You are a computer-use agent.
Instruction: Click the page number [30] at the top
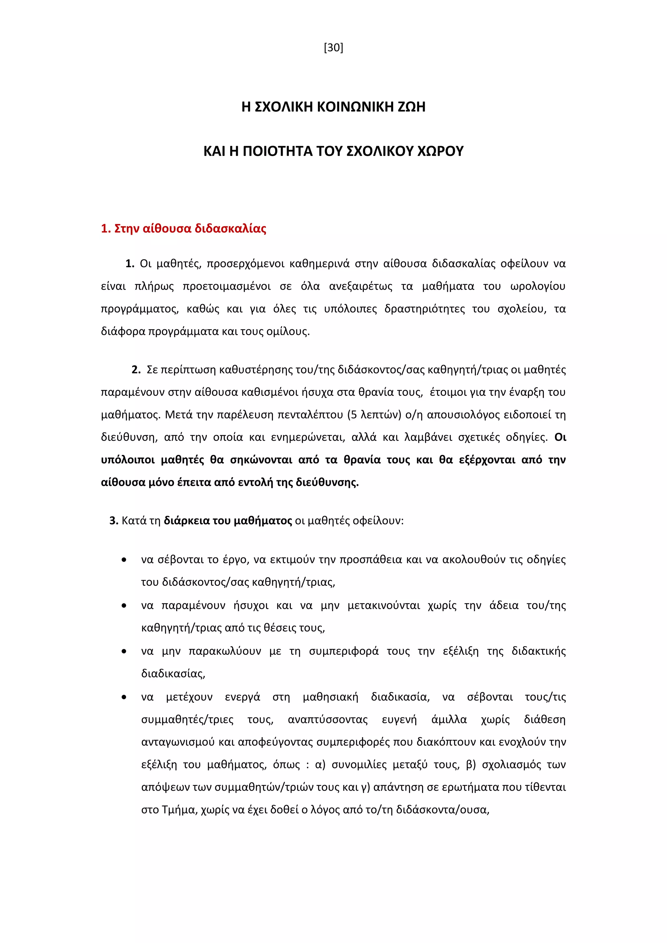point(333,48)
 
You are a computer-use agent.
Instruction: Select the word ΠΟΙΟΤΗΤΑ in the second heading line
point(277,151)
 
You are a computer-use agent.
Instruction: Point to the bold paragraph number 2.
point(136,370)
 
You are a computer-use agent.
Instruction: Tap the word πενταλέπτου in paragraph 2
point(310,415)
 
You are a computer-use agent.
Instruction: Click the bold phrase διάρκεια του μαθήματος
point(228,521)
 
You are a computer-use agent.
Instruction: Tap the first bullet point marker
point(124,560)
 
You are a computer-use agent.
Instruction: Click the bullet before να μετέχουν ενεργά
point(124,697)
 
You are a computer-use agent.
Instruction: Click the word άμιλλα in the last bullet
point(449,720)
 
